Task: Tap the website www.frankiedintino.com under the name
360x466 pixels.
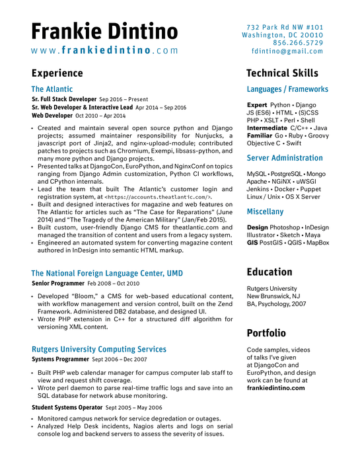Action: pos(104,50)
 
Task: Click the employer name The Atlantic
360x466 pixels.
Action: pos(52,89)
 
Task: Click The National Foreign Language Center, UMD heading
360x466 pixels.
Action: pos(107,273)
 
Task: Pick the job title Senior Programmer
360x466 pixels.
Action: pos(59,283)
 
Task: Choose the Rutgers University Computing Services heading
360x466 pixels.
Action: pos(98,349)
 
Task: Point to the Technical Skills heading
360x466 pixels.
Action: pos(282,73)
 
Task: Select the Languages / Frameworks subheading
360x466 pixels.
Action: pos(287,89)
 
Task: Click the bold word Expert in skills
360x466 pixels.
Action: pos(257,105)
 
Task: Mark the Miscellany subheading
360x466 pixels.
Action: pos(265,212)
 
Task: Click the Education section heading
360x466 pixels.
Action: pos(270,272)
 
